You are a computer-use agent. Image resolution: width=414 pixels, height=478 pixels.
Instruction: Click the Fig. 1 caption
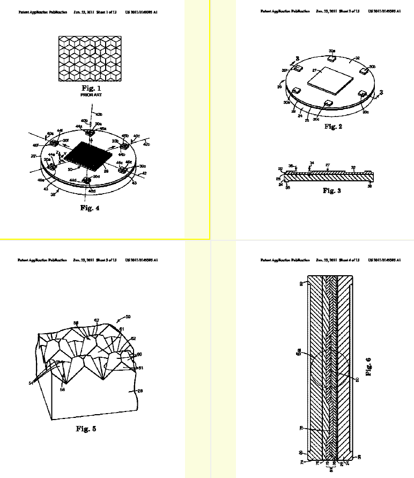coord(91,87)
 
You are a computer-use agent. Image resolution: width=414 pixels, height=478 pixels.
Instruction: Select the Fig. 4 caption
coord(90,208)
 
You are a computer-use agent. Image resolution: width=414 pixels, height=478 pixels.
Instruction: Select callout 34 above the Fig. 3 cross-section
coord(312,163)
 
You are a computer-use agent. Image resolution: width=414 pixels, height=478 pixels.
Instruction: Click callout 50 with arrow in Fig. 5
coord(128,317)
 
